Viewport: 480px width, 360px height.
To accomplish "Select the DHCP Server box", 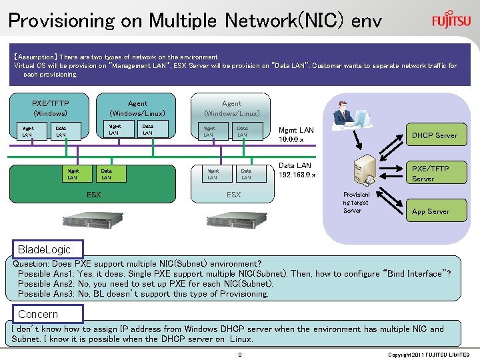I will coord(434,135).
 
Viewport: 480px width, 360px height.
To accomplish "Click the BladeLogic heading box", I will coord(44,249).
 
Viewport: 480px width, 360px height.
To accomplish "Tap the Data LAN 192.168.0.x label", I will coord(297,170).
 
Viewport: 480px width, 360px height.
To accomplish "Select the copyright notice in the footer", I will coord(428,355).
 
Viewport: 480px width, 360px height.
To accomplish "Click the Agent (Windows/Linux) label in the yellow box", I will coord(137,108).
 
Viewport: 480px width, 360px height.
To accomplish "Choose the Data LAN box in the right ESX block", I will coord(246,173).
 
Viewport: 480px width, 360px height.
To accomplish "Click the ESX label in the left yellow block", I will coord(93,195).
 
